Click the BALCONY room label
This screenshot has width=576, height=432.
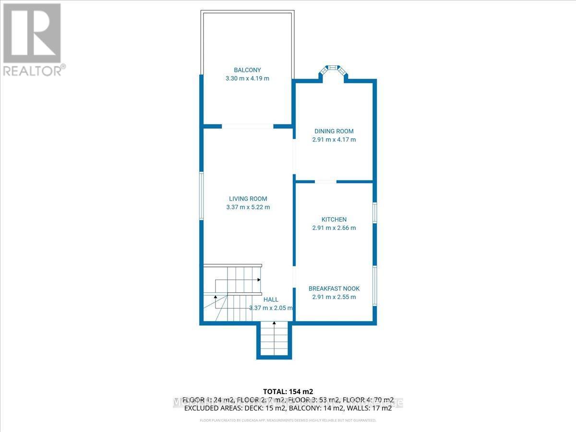247,70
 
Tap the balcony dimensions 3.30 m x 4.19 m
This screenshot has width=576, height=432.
247,78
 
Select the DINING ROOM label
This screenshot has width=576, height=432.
334,131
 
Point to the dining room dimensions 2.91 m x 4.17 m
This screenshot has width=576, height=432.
334,140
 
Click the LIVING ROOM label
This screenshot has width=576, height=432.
248,199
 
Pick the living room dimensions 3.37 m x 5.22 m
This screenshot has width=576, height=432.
248,207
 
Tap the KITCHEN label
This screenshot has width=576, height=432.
334,219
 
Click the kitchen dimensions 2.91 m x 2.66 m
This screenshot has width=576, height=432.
334,228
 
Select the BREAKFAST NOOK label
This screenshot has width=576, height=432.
334,288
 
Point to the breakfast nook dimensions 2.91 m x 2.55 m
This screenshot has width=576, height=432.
334,297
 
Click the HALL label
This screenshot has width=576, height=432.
271,300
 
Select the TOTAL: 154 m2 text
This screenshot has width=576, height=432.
288,391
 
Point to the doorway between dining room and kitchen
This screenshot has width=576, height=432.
325,181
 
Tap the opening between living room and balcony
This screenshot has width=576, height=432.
248,126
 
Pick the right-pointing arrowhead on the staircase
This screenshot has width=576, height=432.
259,279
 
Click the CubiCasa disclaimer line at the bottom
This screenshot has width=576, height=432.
288,420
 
